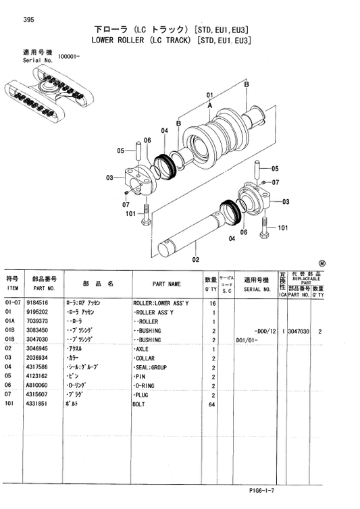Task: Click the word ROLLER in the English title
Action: (x=145, y=41)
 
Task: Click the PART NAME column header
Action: (x=166, y=284)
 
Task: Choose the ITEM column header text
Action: (x=12, y=289)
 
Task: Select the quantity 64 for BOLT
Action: (x=211, y=403)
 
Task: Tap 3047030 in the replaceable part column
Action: (x=298, y=331)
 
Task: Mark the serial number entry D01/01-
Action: (x=248, y=340)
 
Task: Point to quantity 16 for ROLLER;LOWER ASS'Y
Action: (x=211, y=304)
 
